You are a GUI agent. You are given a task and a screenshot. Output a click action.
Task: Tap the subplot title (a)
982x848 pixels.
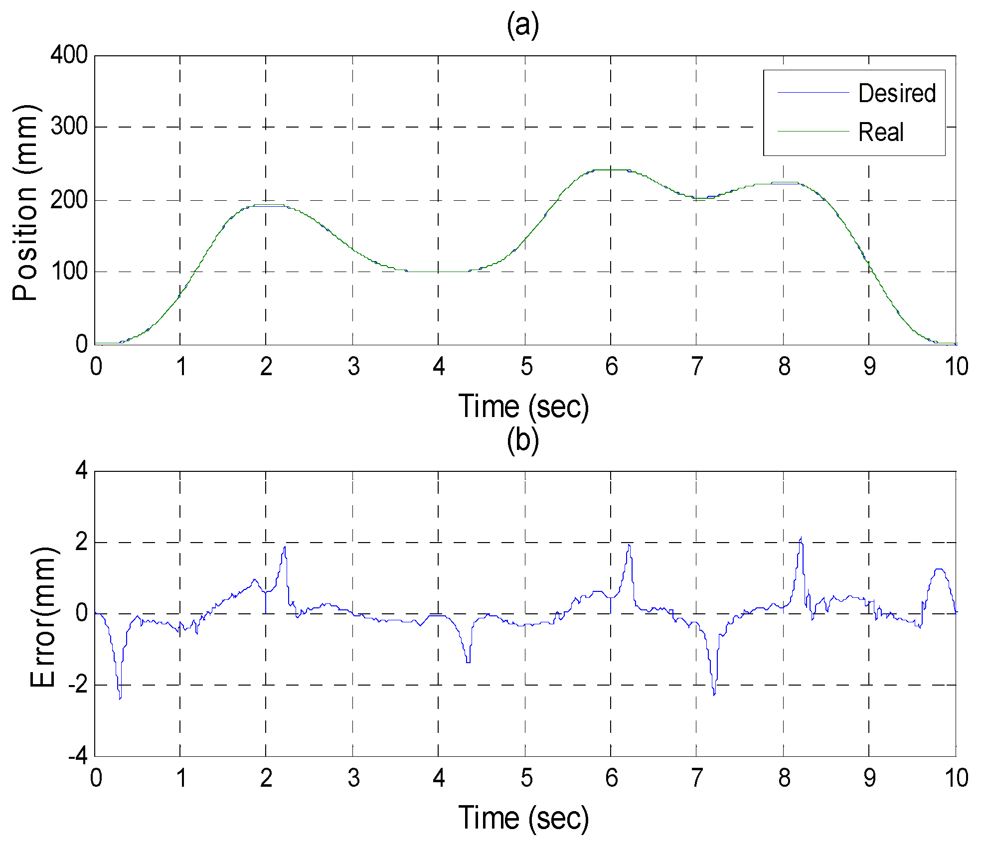[x=523, y=25]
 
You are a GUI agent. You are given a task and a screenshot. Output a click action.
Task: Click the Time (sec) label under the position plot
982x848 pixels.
[x=523, y=407]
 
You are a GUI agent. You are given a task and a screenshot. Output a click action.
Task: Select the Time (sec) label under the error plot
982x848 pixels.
[x=523, y=818]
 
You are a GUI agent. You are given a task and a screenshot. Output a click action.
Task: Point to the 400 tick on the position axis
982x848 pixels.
[x=69, y=55]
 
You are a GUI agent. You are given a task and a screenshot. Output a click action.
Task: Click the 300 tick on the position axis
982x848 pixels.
[x=69, y=127]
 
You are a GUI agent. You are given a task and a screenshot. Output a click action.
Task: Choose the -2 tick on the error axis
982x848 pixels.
[x=78, y=686]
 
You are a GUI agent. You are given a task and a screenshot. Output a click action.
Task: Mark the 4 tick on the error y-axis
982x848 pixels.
[x=81, y=471]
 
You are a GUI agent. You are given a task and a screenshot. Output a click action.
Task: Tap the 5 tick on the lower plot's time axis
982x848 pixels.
[x=526, y=778]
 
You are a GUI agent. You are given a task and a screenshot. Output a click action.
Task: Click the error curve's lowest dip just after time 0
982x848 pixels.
[x=120, y=699]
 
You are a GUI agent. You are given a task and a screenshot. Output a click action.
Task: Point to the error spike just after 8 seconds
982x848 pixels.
[x=801, y=538]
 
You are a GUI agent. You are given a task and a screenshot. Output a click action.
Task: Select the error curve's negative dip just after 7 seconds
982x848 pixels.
[x=714, y=694]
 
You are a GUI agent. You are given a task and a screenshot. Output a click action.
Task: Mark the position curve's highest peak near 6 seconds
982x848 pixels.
[x=611, y=170]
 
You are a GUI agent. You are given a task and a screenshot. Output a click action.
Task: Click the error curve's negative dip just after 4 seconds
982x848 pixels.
[x=468, y=662]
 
